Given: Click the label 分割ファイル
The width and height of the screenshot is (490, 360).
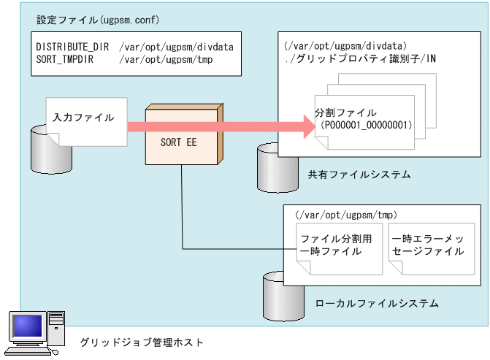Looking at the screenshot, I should click(x=345, y=112).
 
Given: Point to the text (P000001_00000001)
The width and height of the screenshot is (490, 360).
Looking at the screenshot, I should click(x=365, y=125).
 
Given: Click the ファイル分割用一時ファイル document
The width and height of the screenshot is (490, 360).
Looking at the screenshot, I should click(x=331, y=245).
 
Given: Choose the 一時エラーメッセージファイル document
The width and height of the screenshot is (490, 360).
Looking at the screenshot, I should click(x=427, y=245).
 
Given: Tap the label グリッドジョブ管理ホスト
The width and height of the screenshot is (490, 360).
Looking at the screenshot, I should click(x=142, y=342).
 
